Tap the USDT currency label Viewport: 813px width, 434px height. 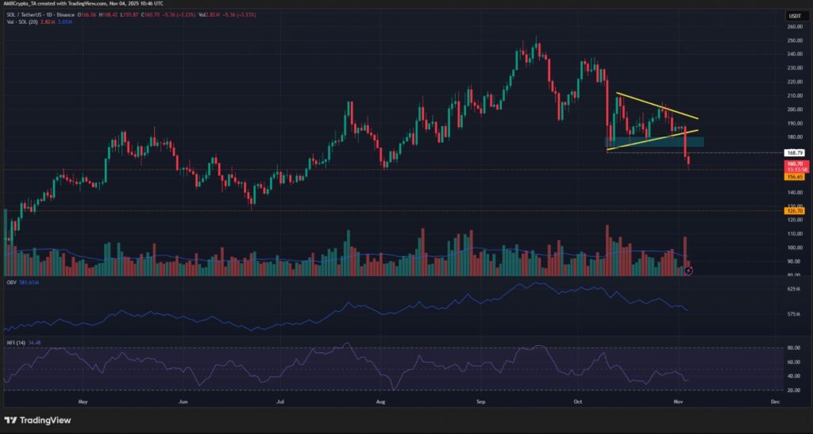click(792, 15)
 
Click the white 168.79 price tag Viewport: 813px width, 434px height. click(791, 152)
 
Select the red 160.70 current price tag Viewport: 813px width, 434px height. click(791, 163)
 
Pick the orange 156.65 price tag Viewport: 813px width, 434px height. click(791, 177)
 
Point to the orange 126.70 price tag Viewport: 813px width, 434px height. click(791, 210)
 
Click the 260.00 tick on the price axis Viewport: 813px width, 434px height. click(792, 26)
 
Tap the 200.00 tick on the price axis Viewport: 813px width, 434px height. click(792, 109)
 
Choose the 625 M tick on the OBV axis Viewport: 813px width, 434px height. click(791, 290)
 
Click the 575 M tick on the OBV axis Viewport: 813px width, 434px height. click(791, 314)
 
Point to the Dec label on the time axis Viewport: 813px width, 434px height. click(775, 402)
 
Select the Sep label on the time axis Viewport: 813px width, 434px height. click(481, 402)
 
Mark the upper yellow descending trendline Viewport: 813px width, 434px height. click(651, 105)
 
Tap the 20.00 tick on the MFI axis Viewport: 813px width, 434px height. click(792, 390)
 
